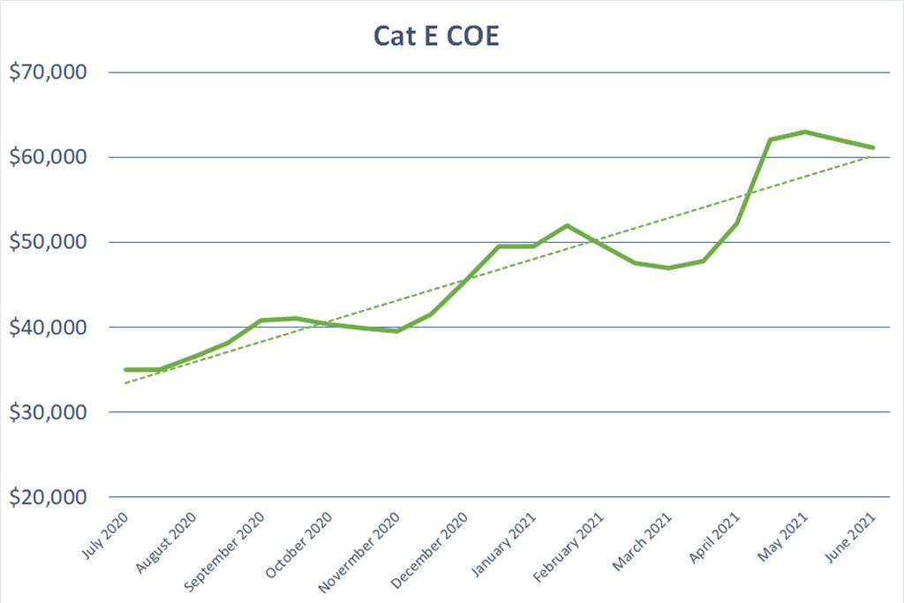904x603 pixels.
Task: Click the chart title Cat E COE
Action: point(436,35)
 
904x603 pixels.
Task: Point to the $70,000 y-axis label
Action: point(48,72)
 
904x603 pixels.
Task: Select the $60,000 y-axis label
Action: point(48,157)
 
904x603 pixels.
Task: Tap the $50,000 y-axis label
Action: point(48,242)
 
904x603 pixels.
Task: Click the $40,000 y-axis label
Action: point(48,327)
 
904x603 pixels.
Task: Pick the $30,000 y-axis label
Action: point(48,411)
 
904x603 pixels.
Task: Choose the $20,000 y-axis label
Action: point(48,496)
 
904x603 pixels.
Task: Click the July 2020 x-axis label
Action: point(105,536)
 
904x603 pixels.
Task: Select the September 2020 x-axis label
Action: point(224,552)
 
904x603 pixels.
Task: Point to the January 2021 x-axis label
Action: point(504,544)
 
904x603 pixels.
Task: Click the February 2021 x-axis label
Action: point(568,547)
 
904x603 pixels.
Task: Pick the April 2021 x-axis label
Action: point(714,538)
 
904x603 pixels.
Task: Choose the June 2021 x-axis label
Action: point(850,538)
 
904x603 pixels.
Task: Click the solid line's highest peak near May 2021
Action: point(804,132)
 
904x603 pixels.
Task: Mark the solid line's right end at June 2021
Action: point(872,147)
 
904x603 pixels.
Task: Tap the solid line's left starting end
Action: point(125,370)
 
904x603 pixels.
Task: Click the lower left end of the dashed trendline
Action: point(124,383)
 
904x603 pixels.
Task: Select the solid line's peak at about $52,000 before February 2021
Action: point(568,225)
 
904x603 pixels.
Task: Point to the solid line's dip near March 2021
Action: point(668,268)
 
